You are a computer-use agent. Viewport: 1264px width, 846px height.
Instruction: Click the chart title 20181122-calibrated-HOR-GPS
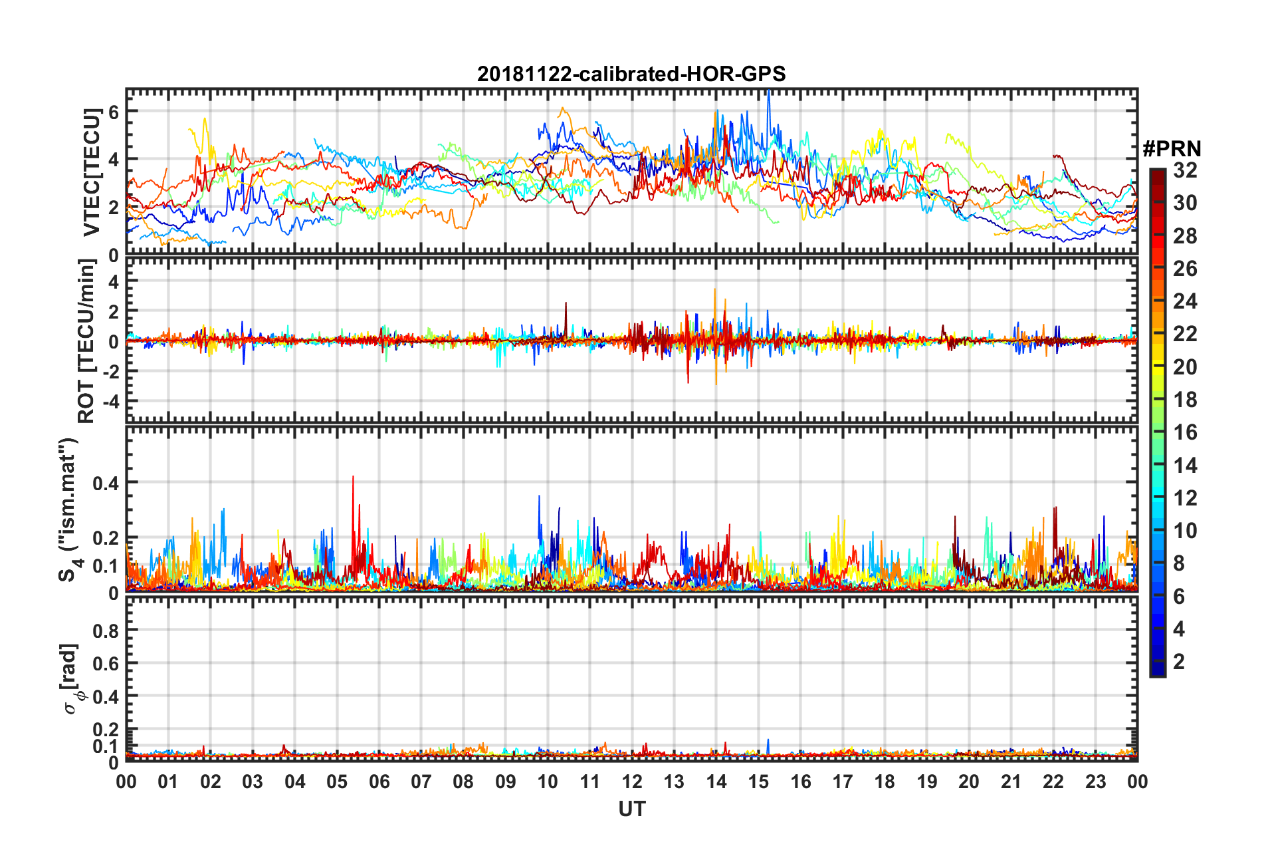(631, 74)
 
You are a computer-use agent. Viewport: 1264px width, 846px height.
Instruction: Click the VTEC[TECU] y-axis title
(91, 172)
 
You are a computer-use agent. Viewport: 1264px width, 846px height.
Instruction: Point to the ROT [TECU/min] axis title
(86, 341)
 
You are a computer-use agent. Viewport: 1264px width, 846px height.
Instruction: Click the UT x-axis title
(631, 809)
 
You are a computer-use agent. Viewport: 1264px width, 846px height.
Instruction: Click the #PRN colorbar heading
(1172, 149)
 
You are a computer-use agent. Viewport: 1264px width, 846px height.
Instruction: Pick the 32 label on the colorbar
(1185, 170)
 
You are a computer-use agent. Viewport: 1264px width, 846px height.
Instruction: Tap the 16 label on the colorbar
(1185, 432)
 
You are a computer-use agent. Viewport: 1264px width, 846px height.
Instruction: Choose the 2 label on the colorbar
(1179, 661)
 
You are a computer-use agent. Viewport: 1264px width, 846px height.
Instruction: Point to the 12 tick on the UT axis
(632, 781)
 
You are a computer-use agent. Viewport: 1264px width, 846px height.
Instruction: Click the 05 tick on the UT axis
(337, 781)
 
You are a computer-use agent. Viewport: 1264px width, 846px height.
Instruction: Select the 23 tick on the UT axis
(1095, 781)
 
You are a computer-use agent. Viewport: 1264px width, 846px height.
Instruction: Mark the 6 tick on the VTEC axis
(114, 112)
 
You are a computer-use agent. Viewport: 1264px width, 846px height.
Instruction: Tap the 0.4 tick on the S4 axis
(106, 483)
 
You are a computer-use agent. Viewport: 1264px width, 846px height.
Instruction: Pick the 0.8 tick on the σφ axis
(106, 631)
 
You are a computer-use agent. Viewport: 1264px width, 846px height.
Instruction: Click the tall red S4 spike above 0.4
(353, 478)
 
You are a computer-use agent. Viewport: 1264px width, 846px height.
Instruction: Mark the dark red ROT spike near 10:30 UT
(566, 304)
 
